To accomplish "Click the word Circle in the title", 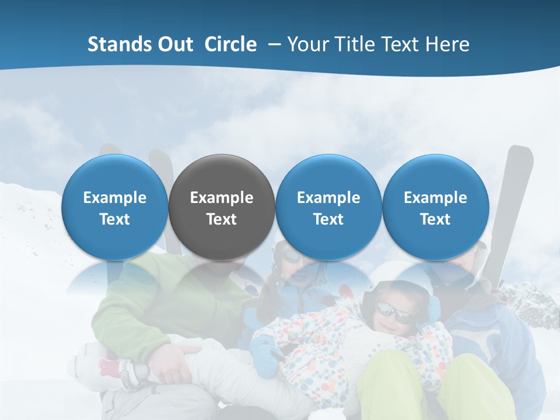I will point(230,44).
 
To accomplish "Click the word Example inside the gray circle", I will point(222,198).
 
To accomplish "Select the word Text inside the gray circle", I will point(222,219).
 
